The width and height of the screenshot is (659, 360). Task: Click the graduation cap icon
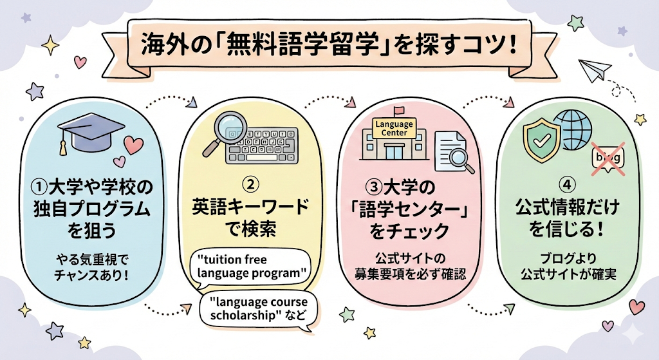[x=86, y=132]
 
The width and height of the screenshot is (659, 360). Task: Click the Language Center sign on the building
[x=394, y=128]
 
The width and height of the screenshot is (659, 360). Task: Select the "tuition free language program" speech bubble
[x=250, y=266]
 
